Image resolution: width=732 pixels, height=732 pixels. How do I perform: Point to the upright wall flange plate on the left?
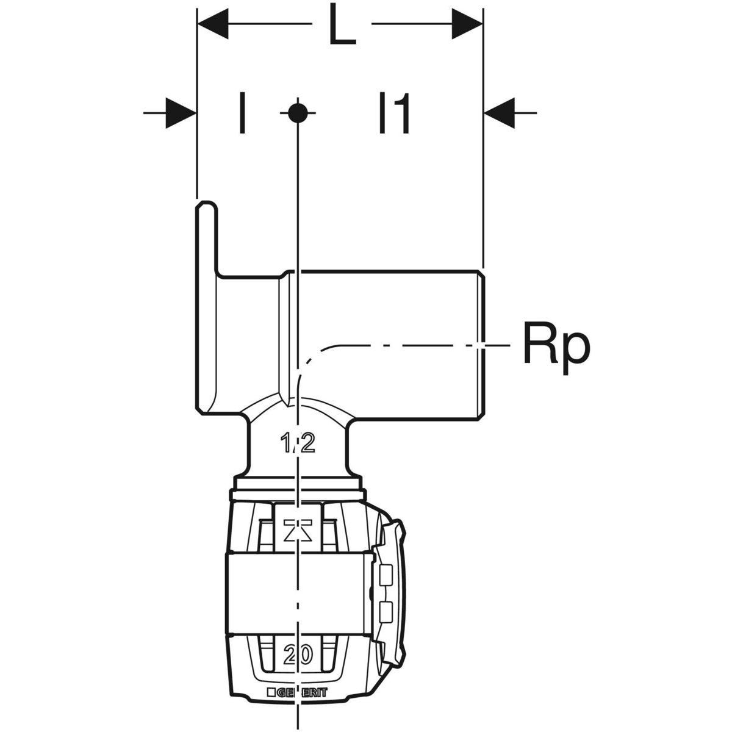pyautogui.click(x=206, y=305)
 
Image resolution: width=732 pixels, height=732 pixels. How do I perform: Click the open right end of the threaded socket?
pyautogui.click(x=481, y=342)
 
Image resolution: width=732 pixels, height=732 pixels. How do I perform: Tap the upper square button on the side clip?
pyautogui.click(x=386, y=574)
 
